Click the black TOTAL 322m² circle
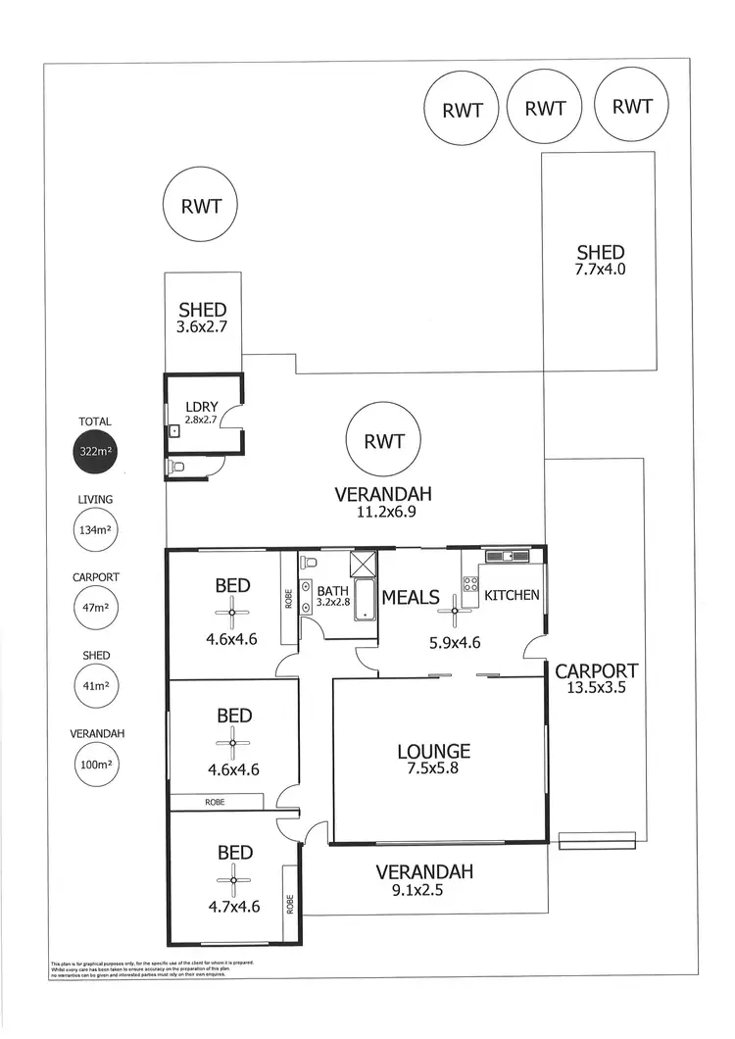(x=95, y=453)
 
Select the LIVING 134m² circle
(x=95, y=531)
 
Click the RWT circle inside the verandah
(x=383, y=442)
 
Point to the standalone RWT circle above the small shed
(x=201, y=207)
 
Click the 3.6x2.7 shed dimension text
(x=202, y=327)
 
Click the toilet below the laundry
(x=176, y=468)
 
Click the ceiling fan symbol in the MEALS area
(x=455, y=609)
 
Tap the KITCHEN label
(x=512, y=595)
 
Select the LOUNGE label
(x=433, y=752)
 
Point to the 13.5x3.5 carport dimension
(x=596, y=688)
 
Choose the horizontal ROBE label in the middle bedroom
(x=215, y=802)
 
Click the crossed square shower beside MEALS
(x=363, y=564)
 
